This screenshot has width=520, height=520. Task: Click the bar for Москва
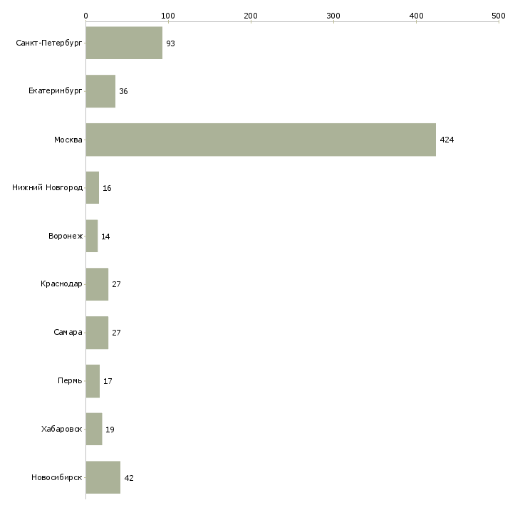[261, 140]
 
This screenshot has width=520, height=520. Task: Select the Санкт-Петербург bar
[124, 43]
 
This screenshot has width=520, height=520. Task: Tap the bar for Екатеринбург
[100, 91]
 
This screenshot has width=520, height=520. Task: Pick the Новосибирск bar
[103, 477]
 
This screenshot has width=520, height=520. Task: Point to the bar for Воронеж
[92, 236]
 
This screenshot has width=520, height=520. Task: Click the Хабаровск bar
[94, 429]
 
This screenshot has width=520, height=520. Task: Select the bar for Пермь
[93, 380]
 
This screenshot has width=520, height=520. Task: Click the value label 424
[447, 140]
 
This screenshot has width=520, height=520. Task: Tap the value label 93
[170, 43]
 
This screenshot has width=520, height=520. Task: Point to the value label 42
[129, 478]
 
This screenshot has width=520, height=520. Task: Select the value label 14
[105, 236]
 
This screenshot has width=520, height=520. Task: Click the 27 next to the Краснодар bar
[116, 284]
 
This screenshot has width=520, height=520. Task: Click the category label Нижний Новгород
[48, 188]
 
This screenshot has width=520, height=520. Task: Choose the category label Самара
[68, 332]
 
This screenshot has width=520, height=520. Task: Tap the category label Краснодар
[61, 284]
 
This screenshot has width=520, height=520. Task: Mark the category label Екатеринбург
[55, 91]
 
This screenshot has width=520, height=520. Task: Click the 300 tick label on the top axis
[333, 16]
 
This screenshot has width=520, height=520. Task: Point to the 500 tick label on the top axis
[499, 16]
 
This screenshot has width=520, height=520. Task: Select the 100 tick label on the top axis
[168, 16]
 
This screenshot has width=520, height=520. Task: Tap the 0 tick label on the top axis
[86, 16]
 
